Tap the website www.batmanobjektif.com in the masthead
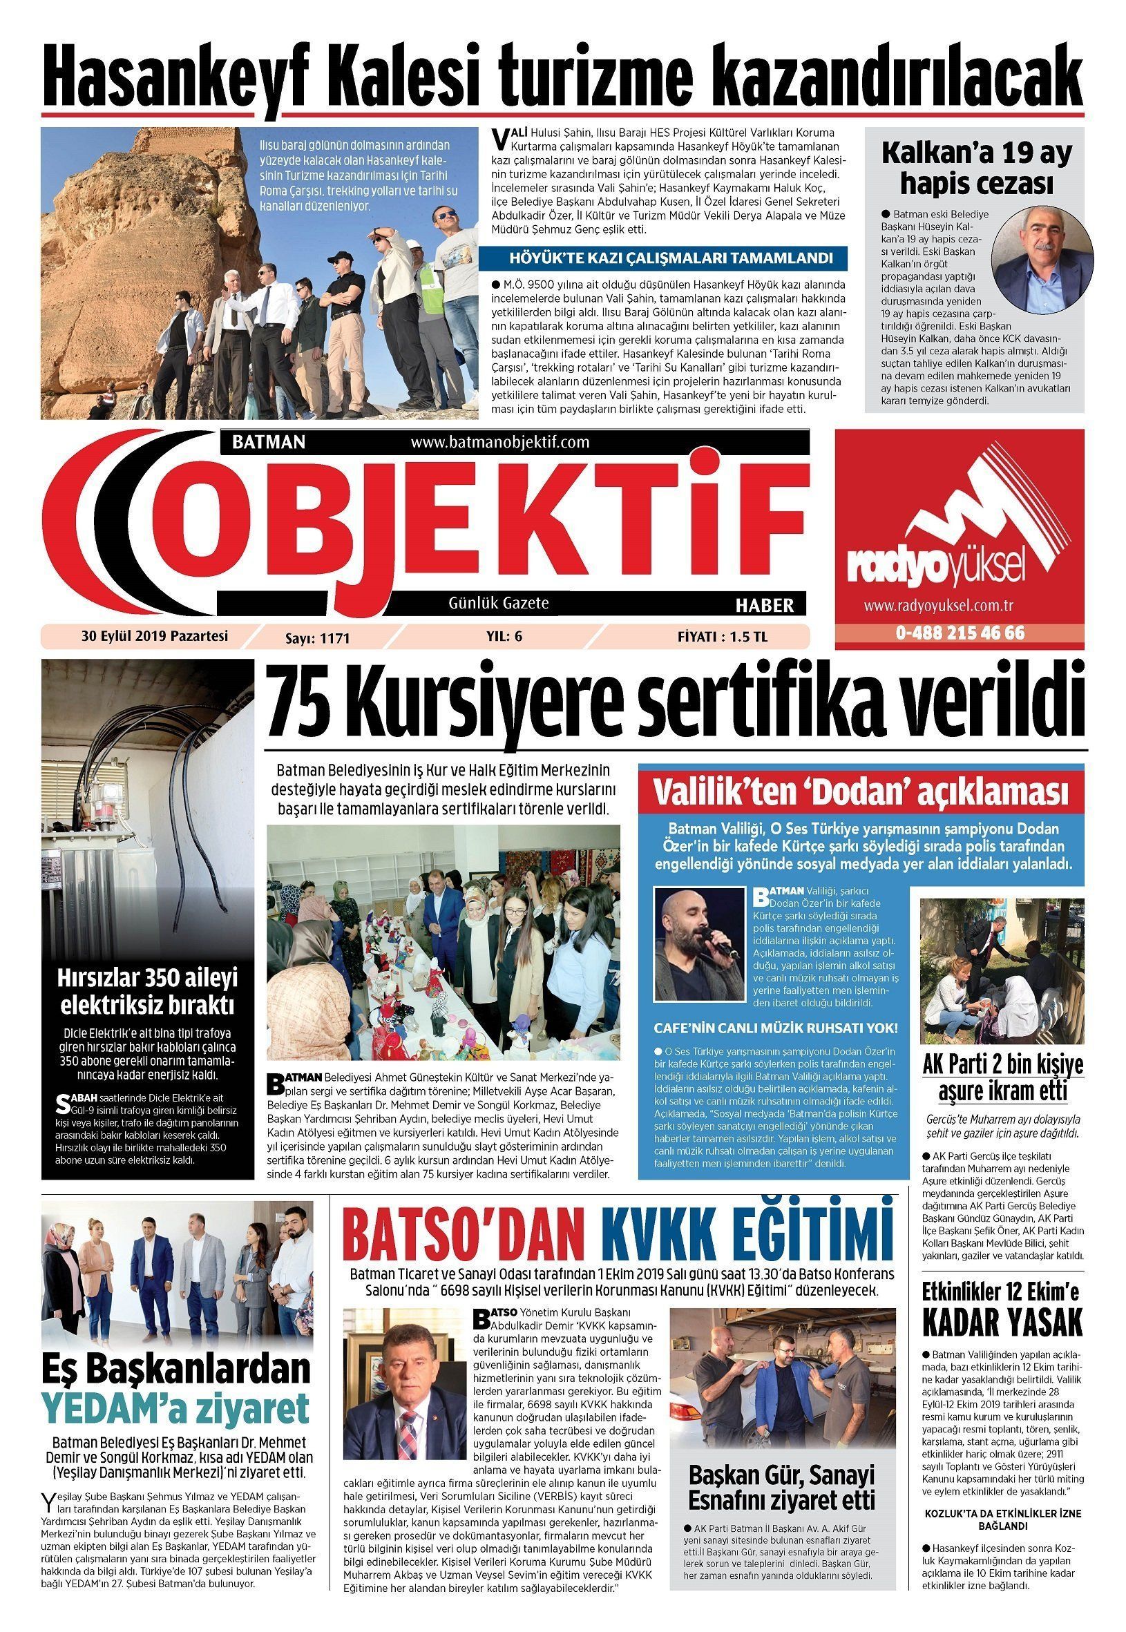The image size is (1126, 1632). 499,442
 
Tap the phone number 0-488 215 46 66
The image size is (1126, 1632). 960,633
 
